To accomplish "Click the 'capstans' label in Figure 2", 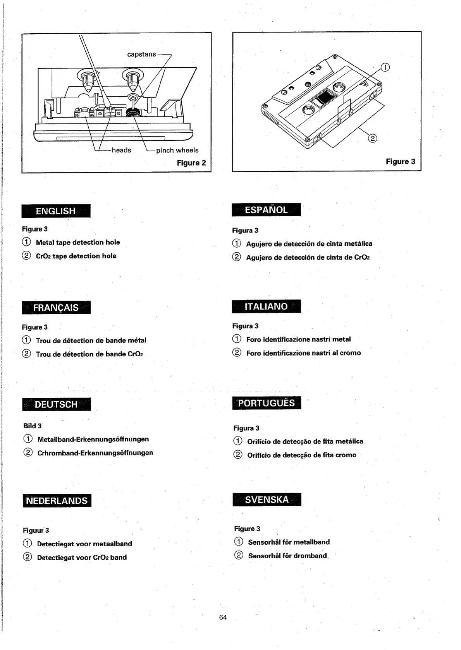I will coord(141,55).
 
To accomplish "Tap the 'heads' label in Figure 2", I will coord(121,150).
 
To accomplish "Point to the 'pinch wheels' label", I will coord(177,150).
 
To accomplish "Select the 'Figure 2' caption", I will coord(191,163).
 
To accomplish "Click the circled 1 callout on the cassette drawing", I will coord(385,67).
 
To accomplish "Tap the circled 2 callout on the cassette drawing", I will coord(372,138).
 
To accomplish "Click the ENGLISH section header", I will coord(56,211).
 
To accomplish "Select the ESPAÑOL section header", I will coord(266,210).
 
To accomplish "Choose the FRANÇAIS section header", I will coord(56,308).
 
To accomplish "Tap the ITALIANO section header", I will coord(266,306).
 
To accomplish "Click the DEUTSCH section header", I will coord(56,404).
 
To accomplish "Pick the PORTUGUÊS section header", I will coord(267,403).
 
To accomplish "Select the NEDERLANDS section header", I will coord(57,501).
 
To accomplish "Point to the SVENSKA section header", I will coord(267,499).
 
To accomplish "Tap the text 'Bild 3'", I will coord(33,426).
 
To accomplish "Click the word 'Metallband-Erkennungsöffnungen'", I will coord(93,440).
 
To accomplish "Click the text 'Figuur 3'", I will coord(36,530).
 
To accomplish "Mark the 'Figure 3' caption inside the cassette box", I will coord(400,162).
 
